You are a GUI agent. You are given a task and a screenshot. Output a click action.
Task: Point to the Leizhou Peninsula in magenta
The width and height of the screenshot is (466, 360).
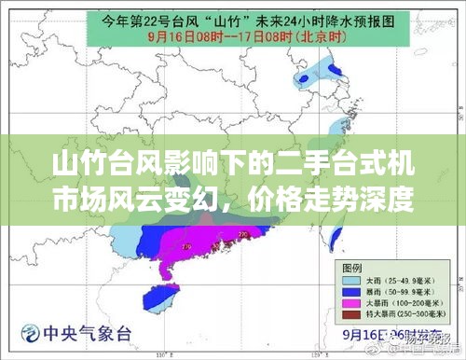click(x=167, y=268)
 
